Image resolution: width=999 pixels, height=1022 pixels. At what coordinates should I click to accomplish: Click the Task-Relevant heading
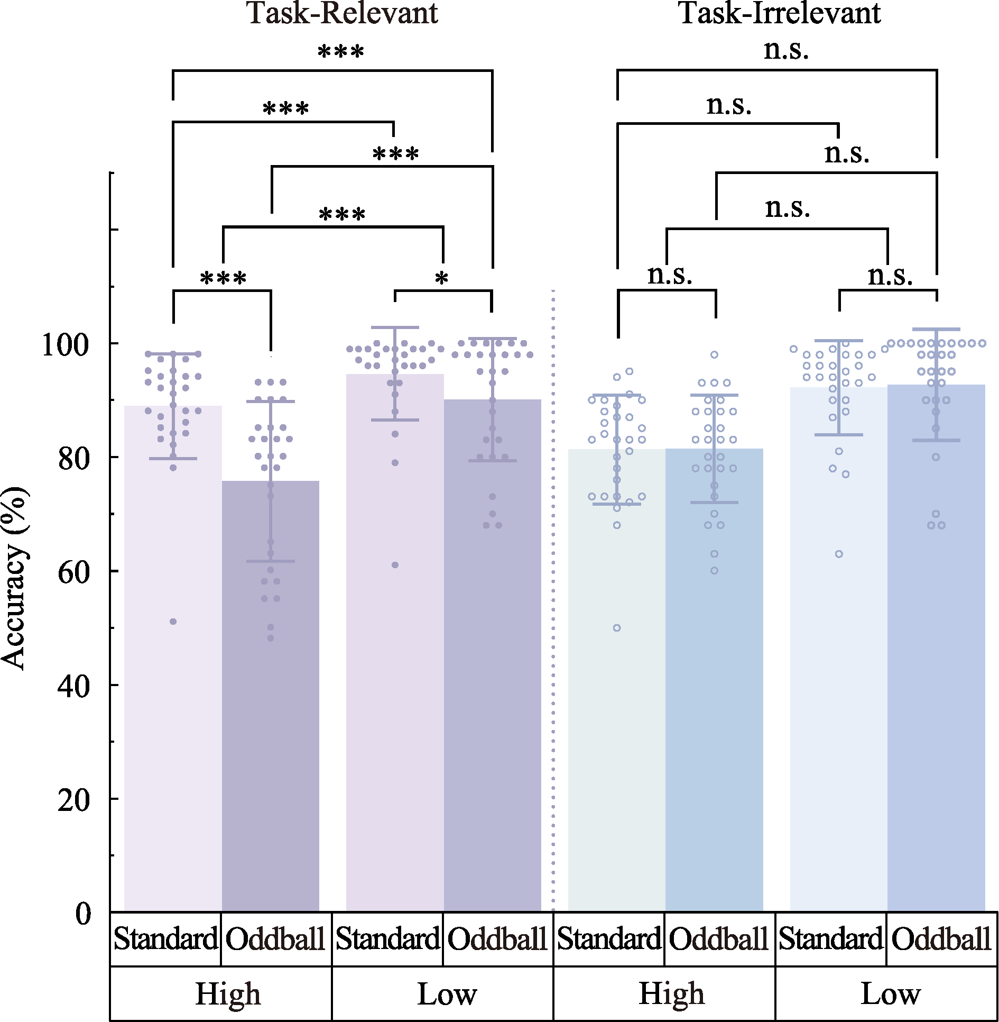(x=343, y=14)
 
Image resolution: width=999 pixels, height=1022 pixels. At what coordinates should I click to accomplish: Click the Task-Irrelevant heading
(x=780, y=14)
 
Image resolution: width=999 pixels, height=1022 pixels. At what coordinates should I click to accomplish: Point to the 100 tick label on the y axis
(x=66, y=345)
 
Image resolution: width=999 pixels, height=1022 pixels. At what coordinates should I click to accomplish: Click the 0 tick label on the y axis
(x=83, y=914)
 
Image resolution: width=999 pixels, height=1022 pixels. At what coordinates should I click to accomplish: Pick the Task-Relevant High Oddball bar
(x=271, y=698)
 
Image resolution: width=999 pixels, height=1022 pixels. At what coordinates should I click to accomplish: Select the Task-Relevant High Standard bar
(x=173, y=661)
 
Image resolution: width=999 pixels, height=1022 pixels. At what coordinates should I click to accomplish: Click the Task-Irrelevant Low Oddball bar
(x=936, y=651)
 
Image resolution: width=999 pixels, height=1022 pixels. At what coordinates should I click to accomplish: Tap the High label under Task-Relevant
(x=228, y=994)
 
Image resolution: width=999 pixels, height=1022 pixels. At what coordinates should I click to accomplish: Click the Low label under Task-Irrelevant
(x=891, y=994)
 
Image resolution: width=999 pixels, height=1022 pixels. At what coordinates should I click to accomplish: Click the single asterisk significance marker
(x=441, y=278)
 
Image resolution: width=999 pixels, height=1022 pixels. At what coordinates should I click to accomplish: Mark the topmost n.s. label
(x=786, y=50)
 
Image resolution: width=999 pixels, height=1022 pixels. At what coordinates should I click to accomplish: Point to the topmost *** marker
(x=341, y=52)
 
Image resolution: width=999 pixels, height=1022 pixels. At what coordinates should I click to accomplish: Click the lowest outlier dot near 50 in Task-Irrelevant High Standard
(x=617, y=628)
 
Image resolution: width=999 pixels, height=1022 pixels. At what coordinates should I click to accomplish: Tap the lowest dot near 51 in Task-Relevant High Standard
(x=173, y=622)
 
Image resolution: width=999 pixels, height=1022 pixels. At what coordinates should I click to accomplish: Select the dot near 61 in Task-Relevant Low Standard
(x=395, y=565)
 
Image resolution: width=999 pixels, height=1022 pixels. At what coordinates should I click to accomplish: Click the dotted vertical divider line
(x=553, y=582)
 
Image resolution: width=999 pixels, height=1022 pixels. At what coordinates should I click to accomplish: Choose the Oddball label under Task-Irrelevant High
(x=718, y=939)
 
